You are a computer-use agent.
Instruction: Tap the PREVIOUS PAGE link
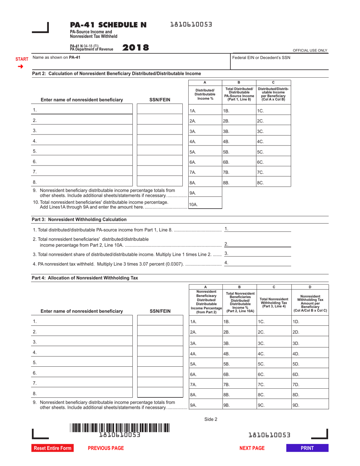(106, 448)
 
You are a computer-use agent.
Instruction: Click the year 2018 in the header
(136, 48)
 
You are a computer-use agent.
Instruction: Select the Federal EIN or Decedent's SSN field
(279, 64)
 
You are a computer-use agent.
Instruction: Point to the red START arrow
(21, 67)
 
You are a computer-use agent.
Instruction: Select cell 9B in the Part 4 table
(239, 405)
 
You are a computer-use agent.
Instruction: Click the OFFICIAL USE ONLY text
(310, 50)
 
